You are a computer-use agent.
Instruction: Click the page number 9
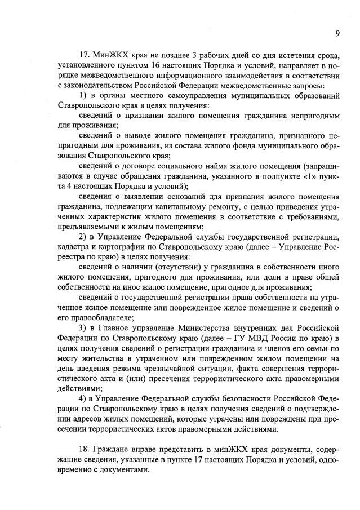click(x=337, y=33)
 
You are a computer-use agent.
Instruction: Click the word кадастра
click(x=75, y=245)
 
